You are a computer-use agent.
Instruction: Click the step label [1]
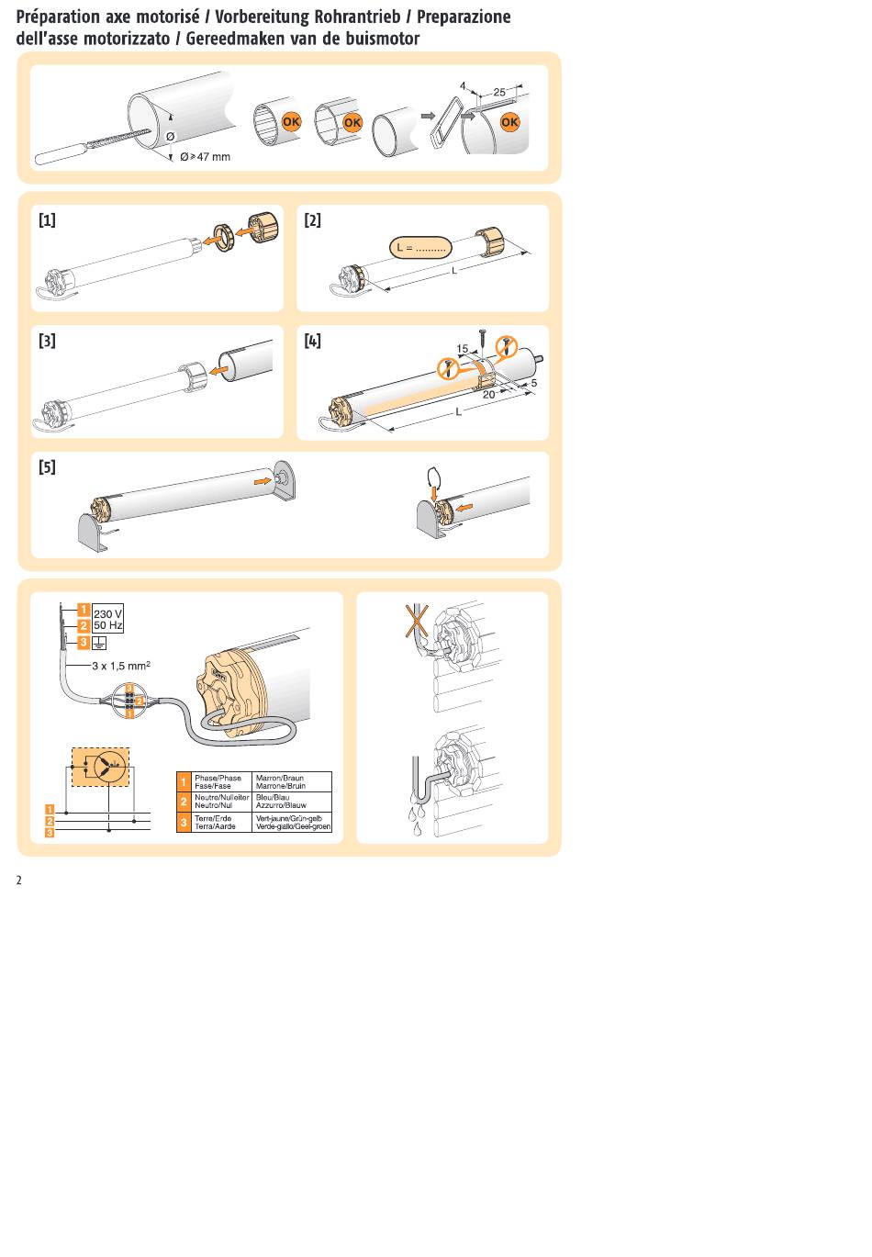coord(47,220)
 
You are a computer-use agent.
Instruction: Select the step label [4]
coord(313,341)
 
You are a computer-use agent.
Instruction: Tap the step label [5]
coord(47,466)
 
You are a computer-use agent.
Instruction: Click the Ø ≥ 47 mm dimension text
coord(205,157)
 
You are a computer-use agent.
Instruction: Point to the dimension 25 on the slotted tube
coord(498,92)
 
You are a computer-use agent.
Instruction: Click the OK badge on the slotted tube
coord(509,122)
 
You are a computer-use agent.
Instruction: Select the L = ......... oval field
coord(420,248)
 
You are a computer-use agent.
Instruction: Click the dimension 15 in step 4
coord(463,349)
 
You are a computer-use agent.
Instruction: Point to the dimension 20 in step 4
coord(488,395)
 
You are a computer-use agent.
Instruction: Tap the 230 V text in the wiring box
coord(107,614)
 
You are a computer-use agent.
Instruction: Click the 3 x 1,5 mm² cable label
coord(121,666)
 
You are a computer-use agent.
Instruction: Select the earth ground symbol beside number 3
coord(99,643)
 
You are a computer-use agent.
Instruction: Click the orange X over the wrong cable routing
coord(418,621)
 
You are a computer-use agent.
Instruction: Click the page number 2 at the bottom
coord(19,880)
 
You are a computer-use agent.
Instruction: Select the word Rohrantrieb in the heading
coord(357,17)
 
